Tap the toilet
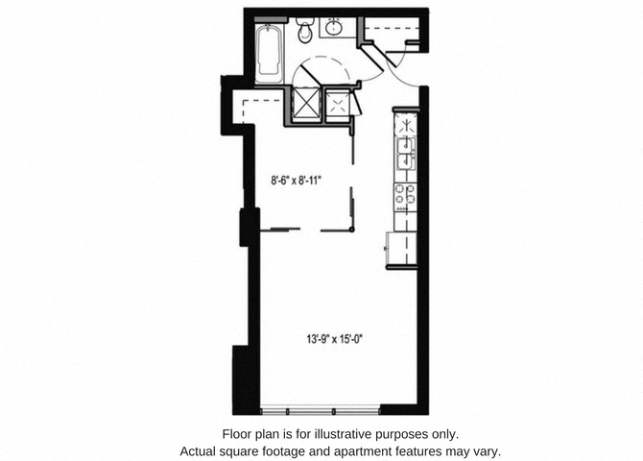(304, 30)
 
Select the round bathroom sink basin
(334, 28)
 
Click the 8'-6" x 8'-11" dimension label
(296, 181)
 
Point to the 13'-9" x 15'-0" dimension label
(336, 339)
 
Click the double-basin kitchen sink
(406, 154)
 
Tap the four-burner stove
(406, 196)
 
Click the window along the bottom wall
(321, 410)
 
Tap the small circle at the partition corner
(352, 230)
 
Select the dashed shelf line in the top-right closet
(392, 28)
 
